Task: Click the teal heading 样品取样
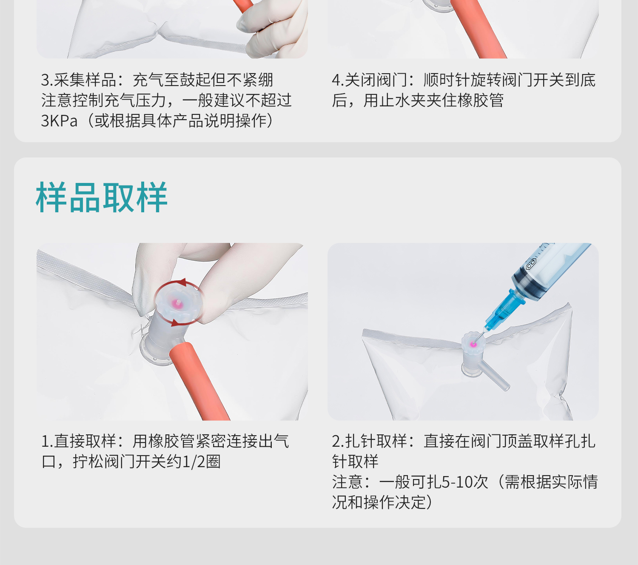[x=101, y=197]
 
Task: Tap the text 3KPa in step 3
[x=59, y=121]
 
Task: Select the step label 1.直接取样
[x=79, y=441]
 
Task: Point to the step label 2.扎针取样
[x=369, y=441]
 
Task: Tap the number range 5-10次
[x=464, y=482]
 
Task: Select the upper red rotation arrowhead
[x=183, y=282]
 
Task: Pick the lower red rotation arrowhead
[x=174, y=323]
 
